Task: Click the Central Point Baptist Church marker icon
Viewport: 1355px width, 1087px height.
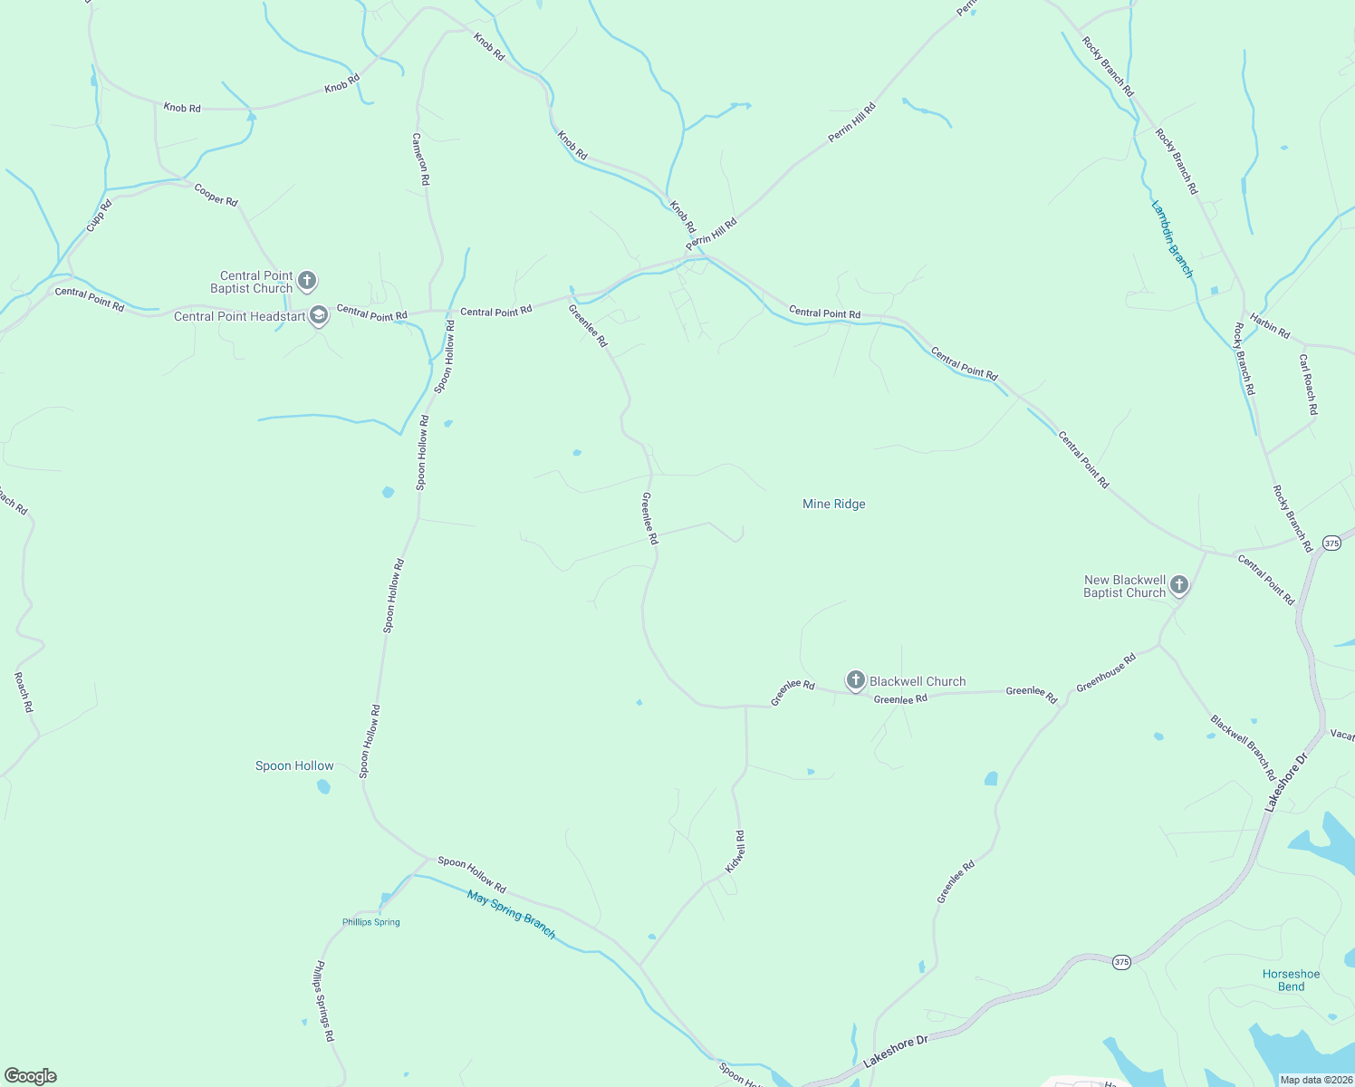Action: [x=307, y=281]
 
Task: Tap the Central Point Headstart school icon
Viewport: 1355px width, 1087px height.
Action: [x=318, y=315]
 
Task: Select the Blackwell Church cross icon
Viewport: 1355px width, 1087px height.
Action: [x=855, y=680]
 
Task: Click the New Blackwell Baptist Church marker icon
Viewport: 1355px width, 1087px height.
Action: [x=1178, y=585]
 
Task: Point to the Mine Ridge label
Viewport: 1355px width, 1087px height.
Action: [x=833, y=504]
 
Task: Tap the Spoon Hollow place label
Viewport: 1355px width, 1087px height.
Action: [x=294, y=765]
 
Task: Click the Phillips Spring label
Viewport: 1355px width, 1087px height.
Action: [x=370, y=922]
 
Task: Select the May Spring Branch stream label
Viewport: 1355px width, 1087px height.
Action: [x=511, y=913]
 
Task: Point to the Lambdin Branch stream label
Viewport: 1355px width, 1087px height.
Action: [x=1171, y=239]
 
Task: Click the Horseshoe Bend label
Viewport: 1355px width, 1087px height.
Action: [x=1291, y=980]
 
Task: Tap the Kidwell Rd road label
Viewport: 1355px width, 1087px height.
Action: [x=735, y=851]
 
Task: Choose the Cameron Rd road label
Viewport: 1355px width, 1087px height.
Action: [x=420, y=159]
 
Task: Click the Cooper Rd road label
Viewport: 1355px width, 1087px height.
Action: [x=216, y=195]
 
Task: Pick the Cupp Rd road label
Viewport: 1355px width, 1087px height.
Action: [x=99, y=215]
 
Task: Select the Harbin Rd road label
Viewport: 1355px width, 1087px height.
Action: [x=1270, y=325]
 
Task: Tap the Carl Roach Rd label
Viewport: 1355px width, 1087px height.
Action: [x=1308, y=384]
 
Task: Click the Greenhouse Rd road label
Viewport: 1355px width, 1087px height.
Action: [x=1105, y=673]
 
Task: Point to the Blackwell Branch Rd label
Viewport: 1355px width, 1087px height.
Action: [x=1243, y=747]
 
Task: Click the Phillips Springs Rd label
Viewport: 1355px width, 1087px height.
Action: [x=323, y=1001]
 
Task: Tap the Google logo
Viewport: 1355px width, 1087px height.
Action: [x=31, y=1076]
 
